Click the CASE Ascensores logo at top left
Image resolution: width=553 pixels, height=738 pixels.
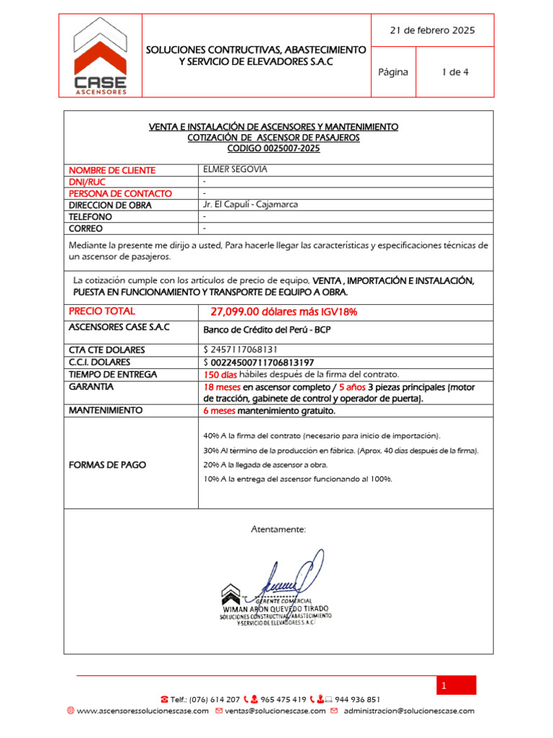click(x=101, y=56)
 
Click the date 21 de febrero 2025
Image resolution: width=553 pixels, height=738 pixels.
click(x=432, y=30)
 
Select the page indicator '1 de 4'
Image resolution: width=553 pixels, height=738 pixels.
click(x=454, y=72)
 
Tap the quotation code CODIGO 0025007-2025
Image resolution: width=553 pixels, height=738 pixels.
click(x=274, y=148)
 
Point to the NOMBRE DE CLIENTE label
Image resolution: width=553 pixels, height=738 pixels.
click(x=112, y=171)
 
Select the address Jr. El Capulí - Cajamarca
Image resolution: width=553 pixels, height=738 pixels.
click(x=251, y=205)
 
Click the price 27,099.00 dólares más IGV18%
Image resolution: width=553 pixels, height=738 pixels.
click(x=284, y=312)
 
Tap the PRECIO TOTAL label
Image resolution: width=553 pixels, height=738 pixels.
click(x=102, y=311)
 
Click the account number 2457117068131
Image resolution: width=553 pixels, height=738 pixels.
click(x=251, y=350)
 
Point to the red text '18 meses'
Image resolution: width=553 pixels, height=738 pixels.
click(x=222, y=387)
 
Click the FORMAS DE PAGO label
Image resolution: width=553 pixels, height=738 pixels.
click(x=107, y=465)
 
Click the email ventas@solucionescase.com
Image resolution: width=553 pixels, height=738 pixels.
click(x=276, y=711)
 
